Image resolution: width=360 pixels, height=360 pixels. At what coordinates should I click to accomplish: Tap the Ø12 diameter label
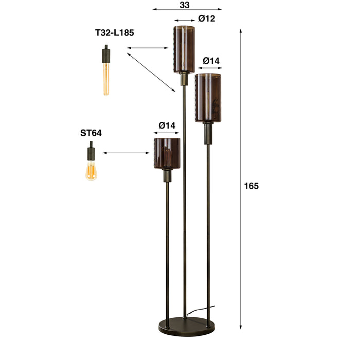[x=206, y=19]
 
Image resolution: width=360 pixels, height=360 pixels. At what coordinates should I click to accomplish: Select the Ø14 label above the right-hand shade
[x=211, y=61]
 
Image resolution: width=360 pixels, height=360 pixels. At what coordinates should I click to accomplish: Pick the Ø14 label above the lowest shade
[x=167, y=125]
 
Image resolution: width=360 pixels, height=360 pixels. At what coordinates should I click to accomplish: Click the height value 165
[x=251, y=186]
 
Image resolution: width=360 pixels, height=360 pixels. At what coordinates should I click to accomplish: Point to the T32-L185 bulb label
[x=114, y=33]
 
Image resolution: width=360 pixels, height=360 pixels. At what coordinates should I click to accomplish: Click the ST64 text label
[x=91, y=133]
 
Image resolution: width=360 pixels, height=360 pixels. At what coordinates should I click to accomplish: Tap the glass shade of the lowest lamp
[x=167, y=153]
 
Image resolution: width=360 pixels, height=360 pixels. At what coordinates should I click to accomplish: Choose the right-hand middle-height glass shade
[x=208, y=98]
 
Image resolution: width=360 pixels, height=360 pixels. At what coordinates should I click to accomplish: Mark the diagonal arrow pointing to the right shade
[x=151, y=71]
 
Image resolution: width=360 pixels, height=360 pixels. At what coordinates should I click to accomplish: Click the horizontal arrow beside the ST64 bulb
[x=126, y=153]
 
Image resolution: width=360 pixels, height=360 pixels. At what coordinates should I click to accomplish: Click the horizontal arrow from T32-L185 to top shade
[x=148, y=48]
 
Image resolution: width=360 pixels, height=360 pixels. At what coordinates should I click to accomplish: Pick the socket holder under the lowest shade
[x=167, y=176]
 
